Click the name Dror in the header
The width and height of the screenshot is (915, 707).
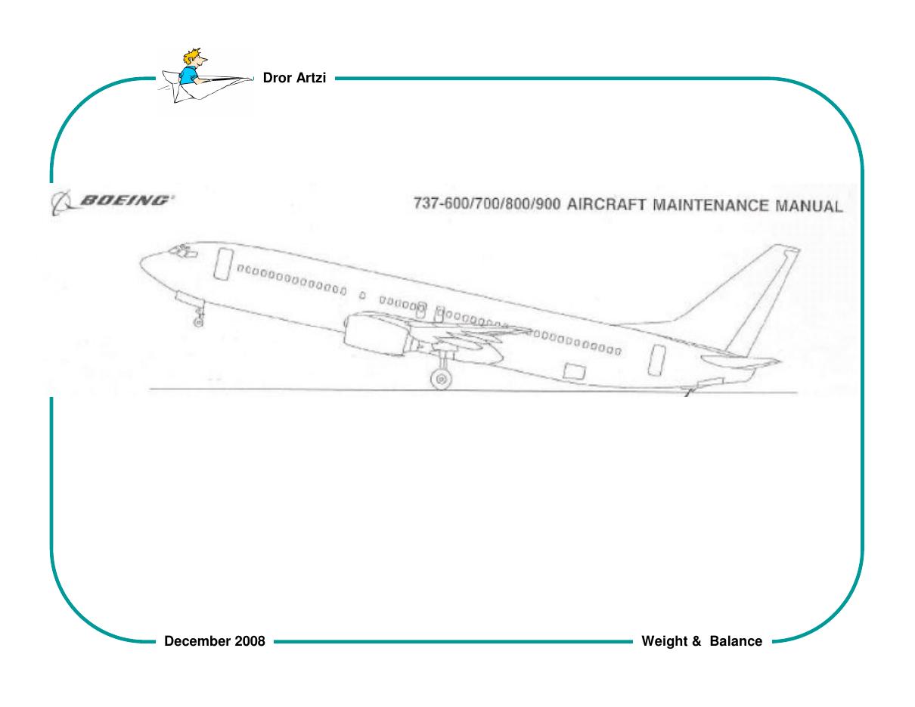(277, 78)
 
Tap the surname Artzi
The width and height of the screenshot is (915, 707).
(311, 78)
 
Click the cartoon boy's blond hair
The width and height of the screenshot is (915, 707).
(193, 56)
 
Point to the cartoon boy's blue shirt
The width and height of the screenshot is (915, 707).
(188, 75)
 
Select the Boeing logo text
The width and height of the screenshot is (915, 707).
(125, 200)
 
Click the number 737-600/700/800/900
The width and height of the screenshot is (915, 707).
(487, 204)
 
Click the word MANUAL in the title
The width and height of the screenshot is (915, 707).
(809, 206)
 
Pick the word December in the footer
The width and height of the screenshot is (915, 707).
(197, 641)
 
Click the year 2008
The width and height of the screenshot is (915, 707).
(250, 641)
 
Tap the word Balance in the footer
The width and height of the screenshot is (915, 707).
(736, 641)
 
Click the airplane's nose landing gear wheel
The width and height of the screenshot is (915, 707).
(198, 322)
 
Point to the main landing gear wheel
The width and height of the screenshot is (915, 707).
(441, 379)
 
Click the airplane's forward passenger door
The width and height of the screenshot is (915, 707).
(223, 264)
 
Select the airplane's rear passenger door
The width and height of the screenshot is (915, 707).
(656, 360)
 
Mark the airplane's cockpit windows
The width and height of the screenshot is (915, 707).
(182, 251)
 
